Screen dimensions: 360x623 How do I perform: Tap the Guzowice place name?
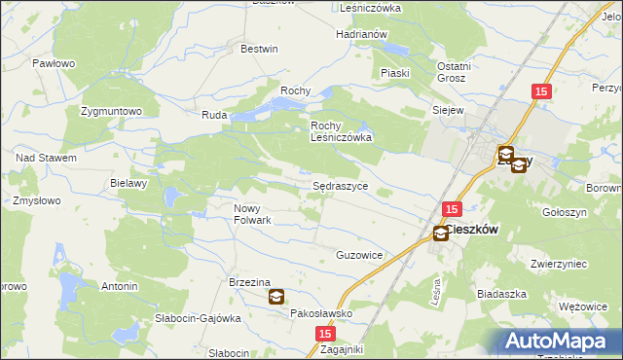(359, 255)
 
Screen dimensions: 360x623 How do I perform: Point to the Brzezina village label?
(248, 282)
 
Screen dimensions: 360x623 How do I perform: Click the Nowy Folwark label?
(252, 213)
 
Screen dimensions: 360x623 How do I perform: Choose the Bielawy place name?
(128, 183)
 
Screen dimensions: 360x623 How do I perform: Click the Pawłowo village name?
(54, 63)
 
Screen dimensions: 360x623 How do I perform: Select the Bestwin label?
(259, 49)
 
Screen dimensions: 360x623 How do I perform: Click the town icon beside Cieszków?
(441, 234)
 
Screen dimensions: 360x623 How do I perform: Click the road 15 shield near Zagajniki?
(324, 334)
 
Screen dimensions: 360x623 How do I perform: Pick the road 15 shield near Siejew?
(543, 91)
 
